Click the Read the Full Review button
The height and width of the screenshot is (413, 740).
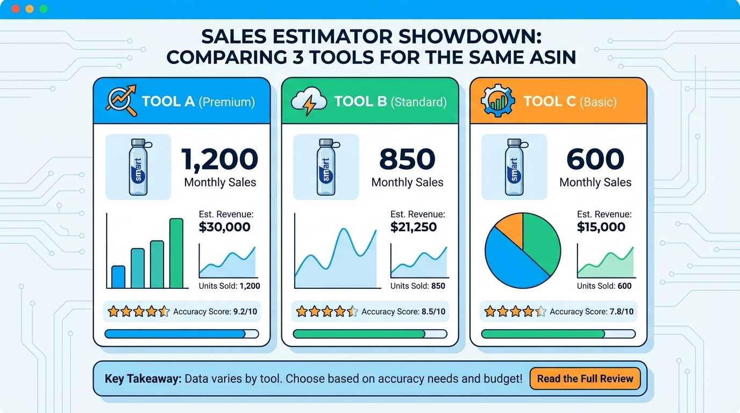[x=585, y=379]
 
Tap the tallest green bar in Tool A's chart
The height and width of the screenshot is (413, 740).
[x=176, y=253]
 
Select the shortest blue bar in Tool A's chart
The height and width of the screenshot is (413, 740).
[x=118, y=277]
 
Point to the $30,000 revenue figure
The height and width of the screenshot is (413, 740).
[x=224, y=227]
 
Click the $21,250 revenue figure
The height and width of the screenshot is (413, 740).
[x=414, y=227]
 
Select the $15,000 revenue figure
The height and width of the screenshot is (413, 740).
[x=601, y=227]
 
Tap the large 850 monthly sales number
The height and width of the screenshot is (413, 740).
[x=407, y=159]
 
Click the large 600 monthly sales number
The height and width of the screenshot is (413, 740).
[x=595, y=159]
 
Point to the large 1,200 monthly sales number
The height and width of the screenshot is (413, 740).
[x=220, y=159]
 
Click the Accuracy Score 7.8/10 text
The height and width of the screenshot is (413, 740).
[x=592, y=311]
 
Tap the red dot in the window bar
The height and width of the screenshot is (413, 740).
[x=15, y=9]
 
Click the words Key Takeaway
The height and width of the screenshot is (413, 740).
[x=143, y=379]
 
